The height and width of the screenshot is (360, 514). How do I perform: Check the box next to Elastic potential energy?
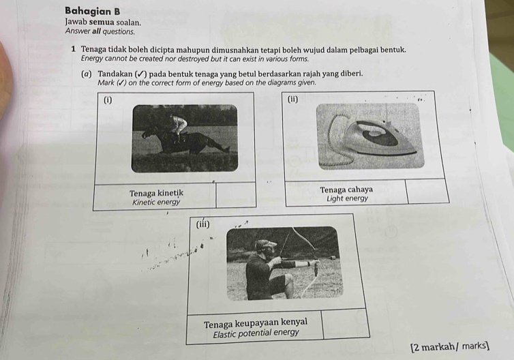tap(345, 325)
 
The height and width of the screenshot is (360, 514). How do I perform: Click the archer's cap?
tap(266, 243)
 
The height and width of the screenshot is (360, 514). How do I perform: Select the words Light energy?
tap(347, 199)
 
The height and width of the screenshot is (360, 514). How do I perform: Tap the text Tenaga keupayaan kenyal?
tap(255, 322)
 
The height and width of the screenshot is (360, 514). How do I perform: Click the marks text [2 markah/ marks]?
tap(450, 347)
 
